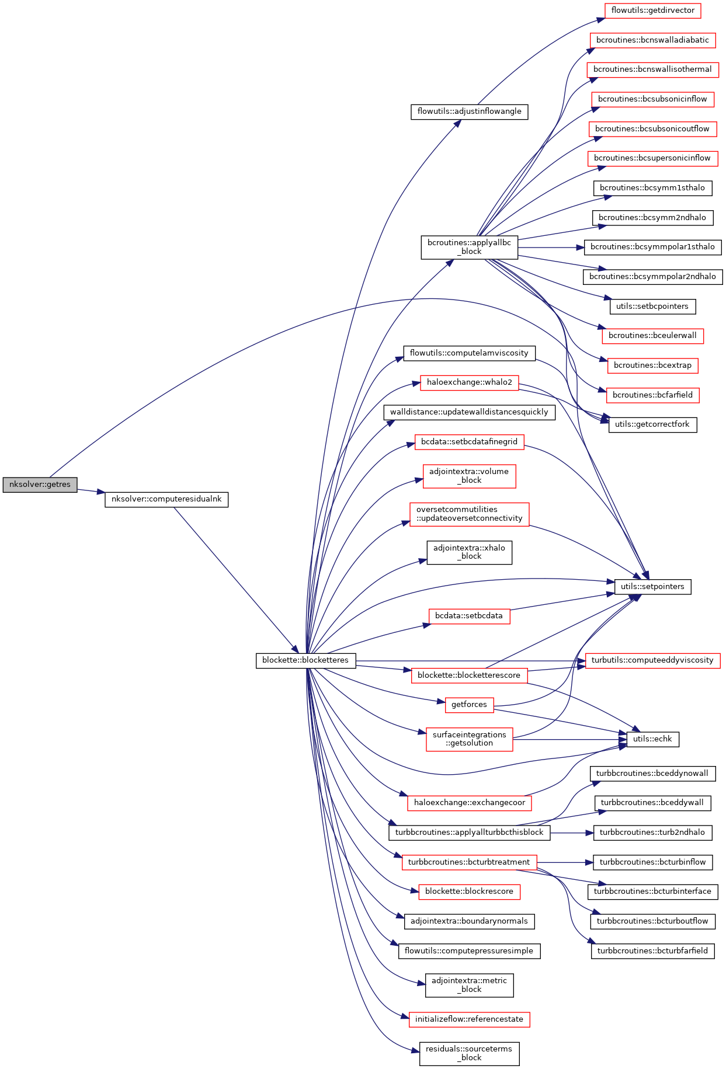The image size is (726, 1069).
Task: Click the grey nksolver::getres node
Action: pos(40,485)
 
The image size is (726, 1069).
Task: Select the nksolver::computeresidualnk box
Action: pos(166,500)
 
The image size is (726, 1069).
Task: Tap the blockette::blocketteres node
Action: pos(305,660)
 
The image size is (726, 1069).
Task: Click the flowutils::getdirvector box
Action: pos(652,11)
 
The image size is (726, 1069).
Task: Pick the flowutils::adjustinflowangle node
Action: pos(469,112)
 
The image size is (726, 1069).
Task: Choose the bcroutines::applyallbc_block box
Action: pos(469,247)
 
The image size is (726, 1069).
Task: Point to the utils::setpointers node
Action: pos(652,587)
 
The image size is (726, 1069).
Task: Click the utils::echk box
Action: pos(652,739)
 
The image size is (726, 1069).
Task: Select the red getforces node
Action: pos(469,705)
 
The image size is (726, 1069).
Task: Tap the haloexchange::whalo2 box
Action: pos(469,382)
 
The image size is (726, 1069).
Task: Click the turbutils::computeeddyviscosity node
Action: pos(652,660)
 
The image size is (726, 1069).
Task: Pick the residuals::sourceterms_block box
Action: pos(469,1053)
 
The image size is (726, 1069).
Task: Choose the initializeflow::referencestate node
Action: pos(469,1019)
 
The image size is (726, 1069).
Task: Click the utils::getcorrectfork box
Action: pos(652,424)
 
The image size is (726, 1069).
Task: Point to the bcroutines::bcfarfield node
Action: pos(652,395)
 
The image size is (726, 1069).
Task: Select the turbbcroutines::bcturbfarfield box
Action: pos(652,951)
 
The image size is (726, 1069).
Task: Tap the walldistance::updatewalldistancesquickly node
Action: pos(469,412)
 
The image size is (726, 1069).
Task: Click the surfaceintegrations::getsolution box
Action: pos(469,739)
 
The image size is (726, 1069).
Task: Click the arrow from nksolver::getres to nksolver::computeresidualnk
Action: pos(91,491)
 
